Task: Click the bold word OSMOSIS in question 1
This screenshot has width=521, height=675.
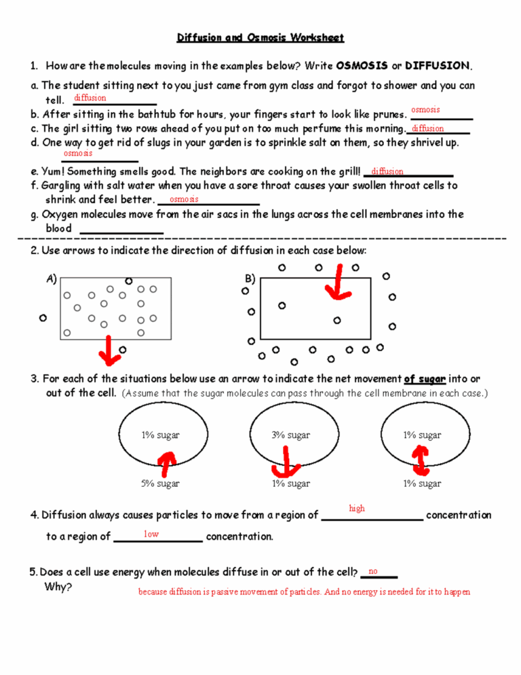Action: click(362, 66)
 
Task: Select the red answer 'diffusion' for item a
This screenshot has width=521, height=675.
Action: click(90, 98)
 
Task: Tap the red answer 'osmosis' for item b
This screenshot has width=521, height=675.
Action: click(425, 109)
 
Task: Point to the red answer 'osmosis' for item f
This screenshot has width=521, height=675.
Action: click(184, 199)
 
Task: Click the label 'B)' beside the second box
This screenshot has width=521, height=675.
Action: click(249, 278)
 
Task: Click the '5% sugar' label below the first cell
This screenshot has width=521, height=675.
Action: click(160, 484)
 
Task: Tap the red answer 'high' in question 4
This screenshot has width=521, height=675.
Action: click(356, 508)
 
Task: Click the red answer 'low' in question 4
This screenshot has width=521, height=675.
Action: click(151, 534)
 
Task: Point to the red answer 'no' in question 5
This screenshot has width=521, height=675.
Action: click(372, 571)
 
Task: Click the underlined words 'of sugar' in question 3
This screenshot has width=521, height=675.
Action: click(425, 378)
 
